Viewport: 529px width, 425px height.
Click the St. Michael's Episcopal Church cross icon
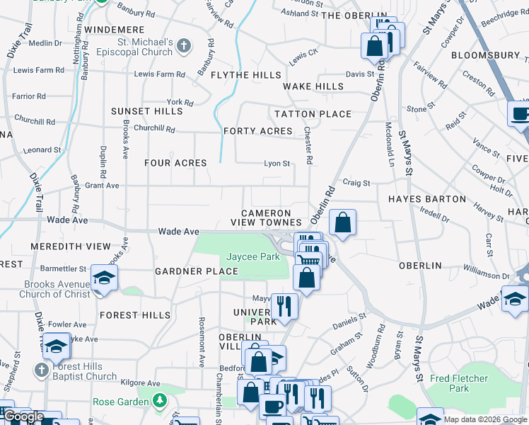(184, 47)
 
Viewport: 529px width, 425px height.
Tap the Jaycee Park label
(253, 256)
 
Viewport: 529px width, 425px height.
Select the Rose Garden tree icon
(161, 402)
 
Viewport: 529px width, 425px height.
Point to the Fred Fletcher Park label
(459, 383)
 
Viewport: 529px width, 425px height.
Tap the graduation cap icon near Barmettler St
(104, 278)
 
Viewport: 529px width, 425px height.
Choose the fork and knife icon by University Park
(284, 305)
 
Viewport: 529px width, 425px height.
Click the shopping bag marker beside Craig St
(342, 222)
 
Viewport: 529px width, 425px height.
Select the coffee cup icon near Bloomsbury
(520, 113)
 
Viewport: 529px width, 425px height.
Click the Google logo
(23, 416)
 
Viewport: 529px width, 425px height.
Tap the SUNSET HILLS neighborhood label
(146, 111)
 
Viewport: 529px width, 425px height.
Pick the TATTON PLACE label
(313, 114)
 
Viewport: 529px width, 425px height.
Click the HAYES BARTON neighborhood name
(426, 199)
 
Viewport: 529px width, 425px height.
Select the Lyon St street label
(277, 164)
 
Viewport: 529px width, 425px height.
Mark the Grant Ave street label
(100, 186)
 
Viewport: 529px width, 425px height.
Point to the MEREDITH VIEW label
(71, 246)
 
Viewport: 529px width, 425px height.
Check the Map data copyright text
(484, 419)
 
